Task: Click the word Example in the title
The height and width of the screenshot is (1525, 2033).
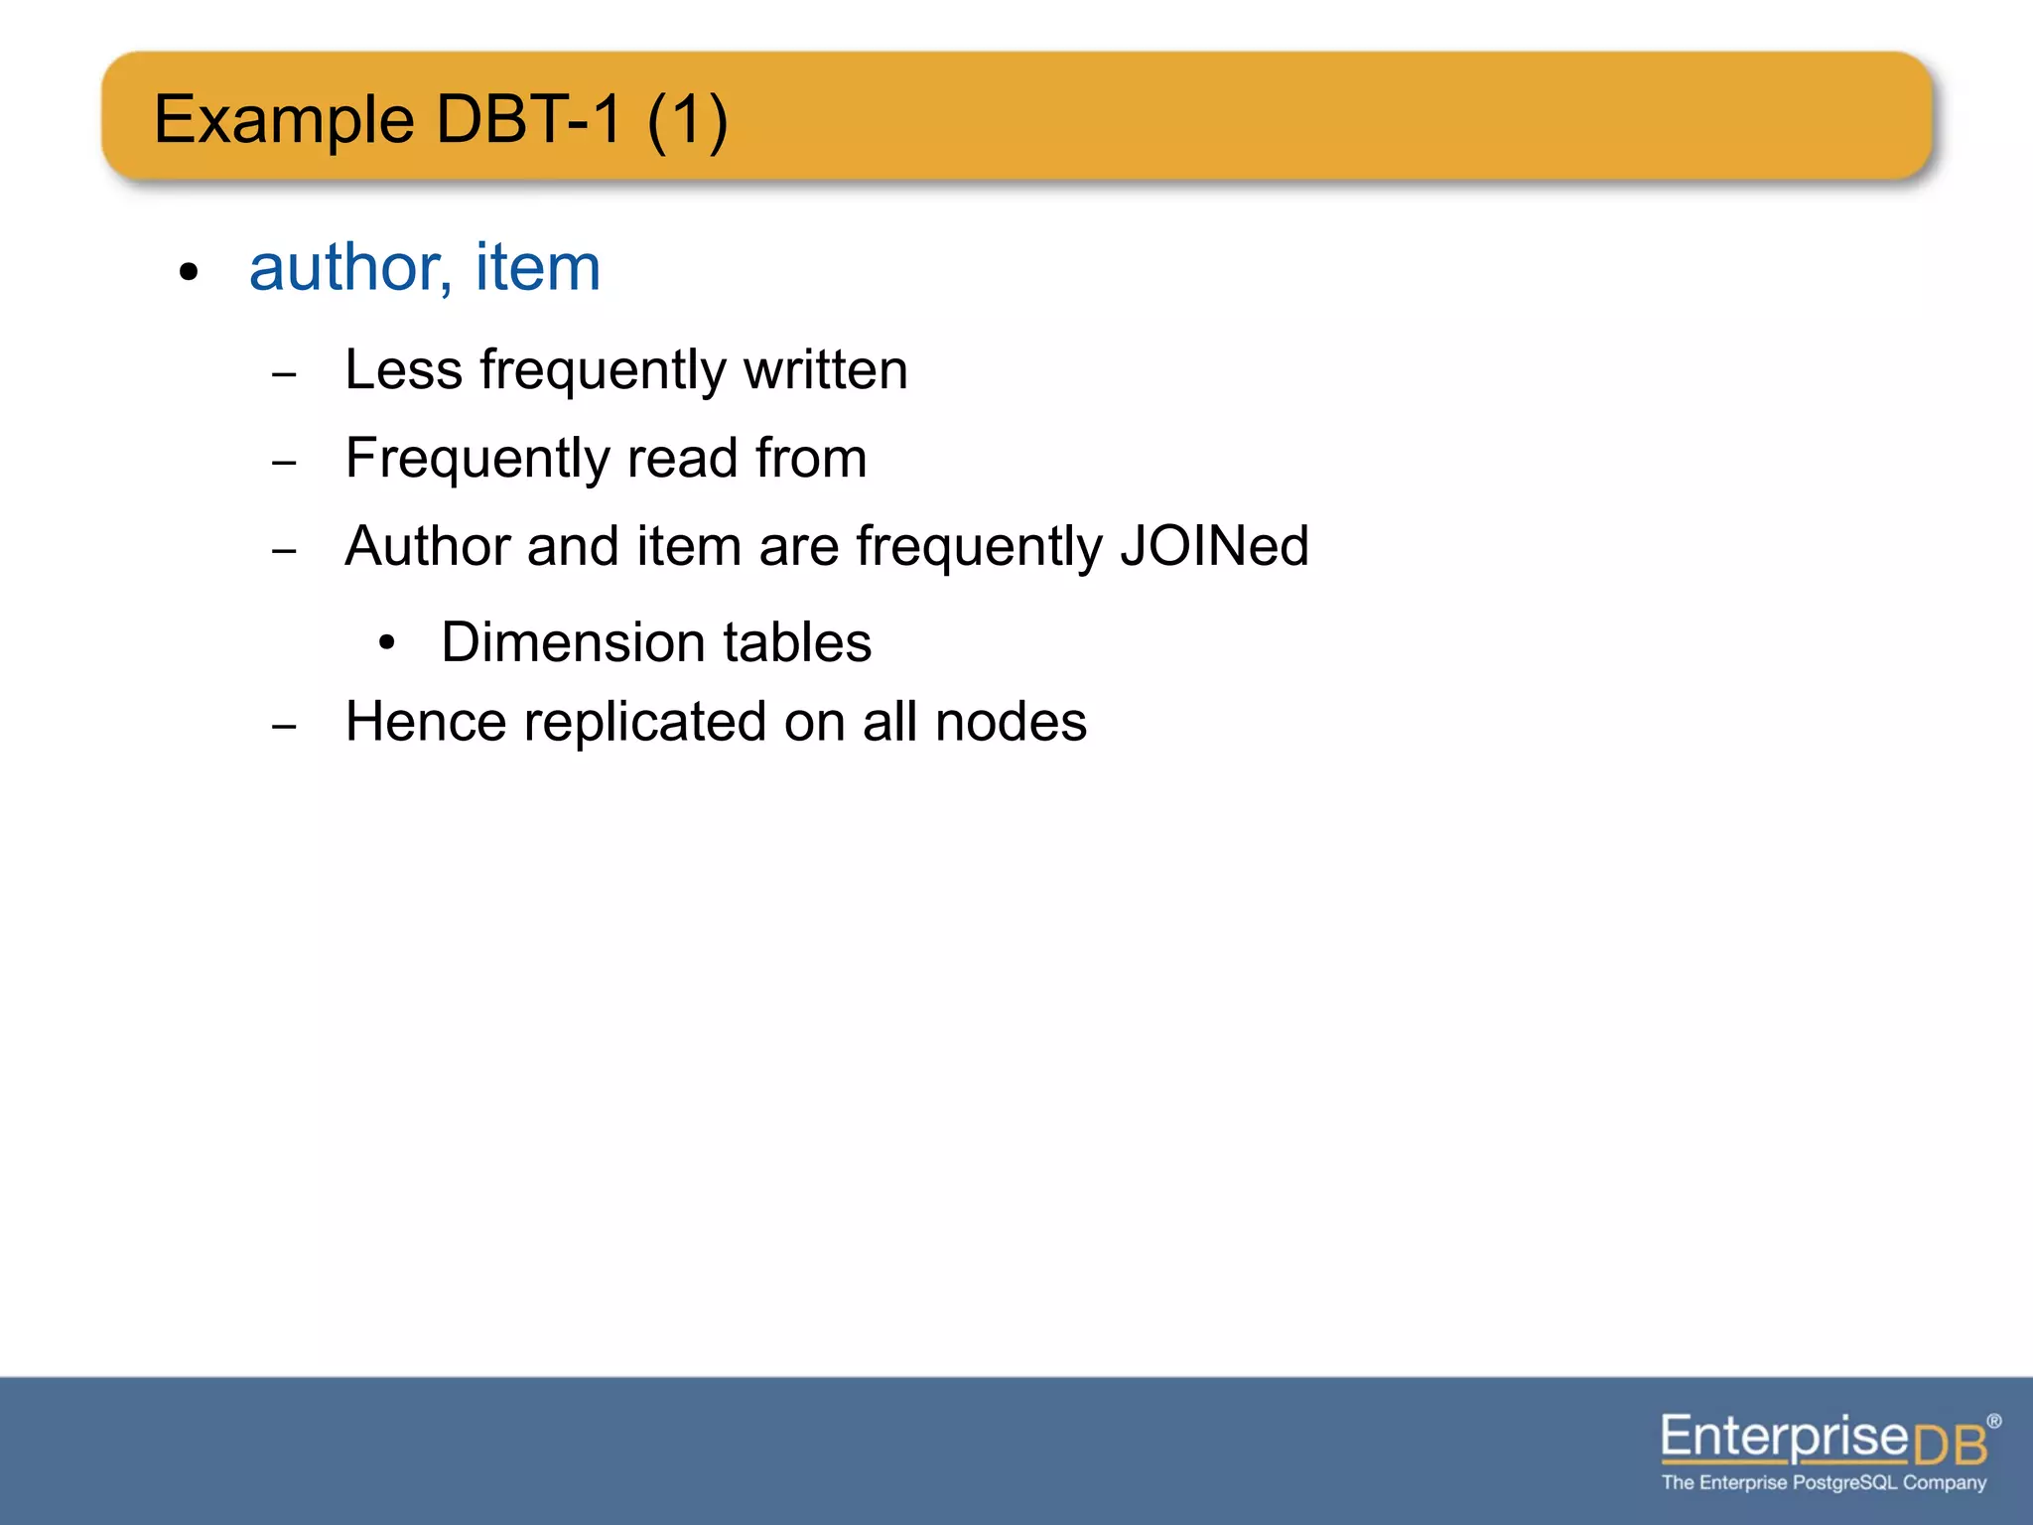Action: pyautogui.click(x=284, y=120)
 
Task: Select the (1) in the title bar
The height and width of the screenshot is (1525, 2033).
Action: pyautogui.click(x=687, y=120)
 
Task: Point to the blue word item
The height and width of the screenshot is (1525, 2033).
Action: pyautogui.click(x=537, y=268)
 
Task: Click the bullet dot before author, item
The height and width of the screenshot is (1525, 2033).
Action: pyautogui.click(x=189, y=272)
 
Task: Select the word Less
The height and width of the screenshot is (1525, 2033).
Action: pyautogui.click(x=404, y=370)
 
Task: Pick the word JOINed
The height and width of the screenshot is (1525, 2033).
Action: pyautogui.click(x=1214, y=546)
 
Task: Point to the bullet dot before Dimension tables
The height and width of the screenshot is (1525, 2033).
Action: pyautogui.click(x=387, y=643)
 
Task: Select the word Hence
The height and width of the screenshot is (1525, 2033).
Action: pyautogui.click(x=426, y=722)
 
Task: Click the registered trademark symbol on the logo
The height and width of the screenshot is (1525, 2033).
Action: pyautogui.click(x=1993, y=1422)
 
